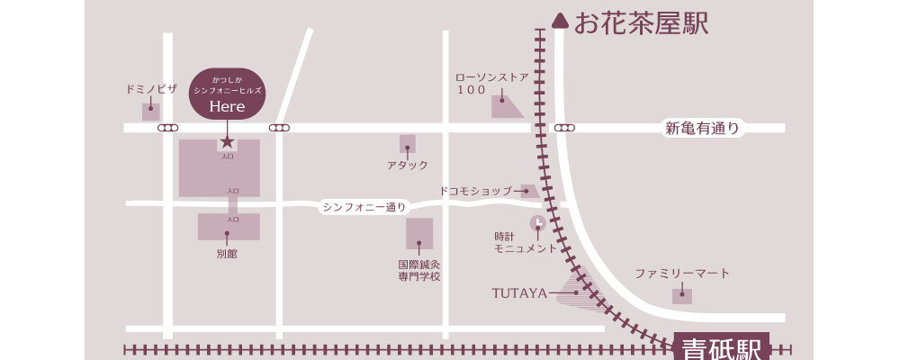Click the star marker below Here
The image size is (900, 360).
(x=227, y=141)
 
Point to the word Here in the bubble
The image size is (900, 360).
(x=227, y=106)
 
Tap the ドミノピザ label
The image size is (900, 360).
(x=151, y=90)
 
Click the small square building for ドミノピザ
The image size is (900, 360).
(x=151, y=112)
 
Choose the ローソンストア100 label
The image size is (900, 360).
(x=491, y=84)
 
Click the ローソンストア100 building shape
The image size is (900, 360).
(x=505, y=108)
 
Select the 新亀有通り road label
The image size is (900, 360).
(x=702, y=129)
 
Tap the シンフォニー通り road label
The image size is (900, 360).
(x=364, y=208)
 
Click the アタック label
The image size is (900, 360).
(x=408, y=166)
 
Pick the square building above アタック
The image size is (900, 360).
(x=408, y=143)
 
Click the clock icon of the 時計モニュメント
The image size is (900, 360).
(x=537, y=221)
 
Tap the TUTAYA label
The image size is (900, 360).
(x=519, y=292)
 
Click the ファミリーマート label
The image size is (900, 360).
(x=681, y=273)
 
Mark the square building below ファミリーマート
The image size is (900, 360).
(x=682, y=295)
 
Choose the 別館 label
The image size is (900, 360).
(x=227, y=254)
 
